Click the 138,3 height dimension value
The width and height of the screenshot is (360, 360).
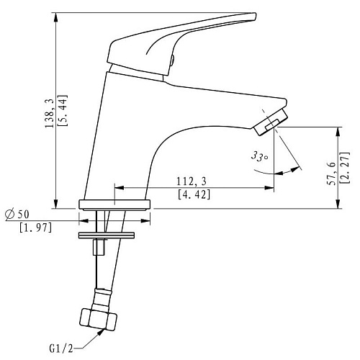pyautogui.click(x=50, y=113)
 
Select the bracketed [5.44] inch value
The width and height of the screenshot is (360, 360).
pyautogui.click(x=63, y=110)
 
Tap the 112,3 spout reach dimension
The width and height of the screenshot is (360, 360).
pyautogui.click(x=192, y=181)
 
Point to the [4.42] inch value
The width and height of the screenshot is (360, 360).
pyautogui.click(x=194, y=194)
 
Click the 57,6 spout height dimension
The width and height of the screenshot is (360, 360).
pyautogui.click(x=331, y=173)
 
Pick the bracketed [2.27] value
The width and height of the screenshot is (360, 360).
pyautogui.click(x=345, y=168)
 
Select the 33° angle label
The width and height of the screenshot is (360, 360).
pyautogui.click(x=259, y=156)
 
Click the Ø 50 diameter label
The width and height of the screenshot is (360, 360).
pyautogui.click(x=17, y=214)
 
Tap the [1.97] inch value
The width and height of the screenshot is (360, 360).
pyautogui.click(x=36, y=228)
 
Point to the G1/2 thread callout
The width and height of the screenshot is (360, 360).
pyautogui.click(x=61, y=348)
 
